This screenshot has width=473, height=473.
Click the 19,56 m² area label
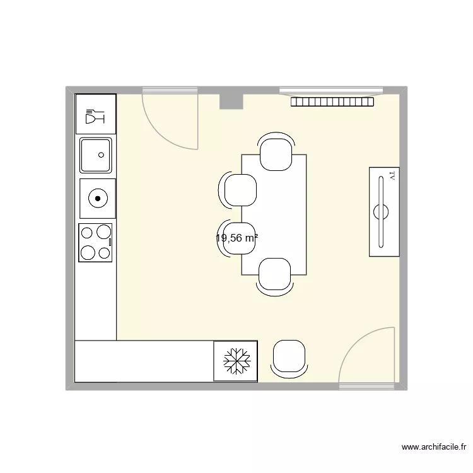237,238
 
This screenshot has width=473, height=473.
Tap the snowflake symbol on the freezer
235,361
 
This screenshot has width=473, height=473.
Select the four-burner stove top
95,243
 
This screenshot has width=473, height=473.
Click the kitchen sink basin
96,155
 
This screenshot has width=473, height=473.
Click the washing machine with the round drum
98,199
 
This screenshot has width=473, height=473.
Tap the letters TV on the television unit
392,176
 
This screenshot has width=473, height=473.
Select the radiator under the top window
332,102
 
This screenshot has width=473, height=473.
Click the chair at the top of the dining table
276,153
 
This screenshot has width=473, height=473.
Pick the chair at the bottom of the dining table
275,276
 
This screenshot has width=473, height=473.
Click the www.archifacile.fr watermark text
433,447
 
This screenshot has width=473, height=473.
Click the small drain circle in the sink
100,155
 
